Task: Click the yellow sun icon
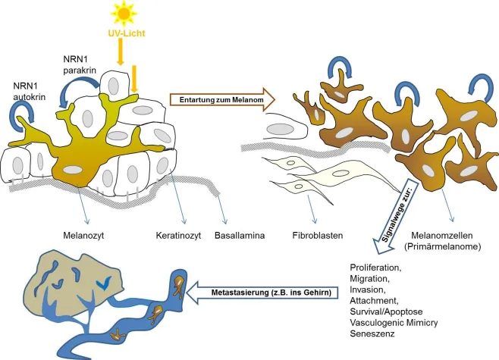tap(122, 14)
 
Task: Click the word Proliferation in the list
tap(376, 268)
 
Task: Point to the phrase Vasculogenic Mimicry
tap(394, 321)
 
